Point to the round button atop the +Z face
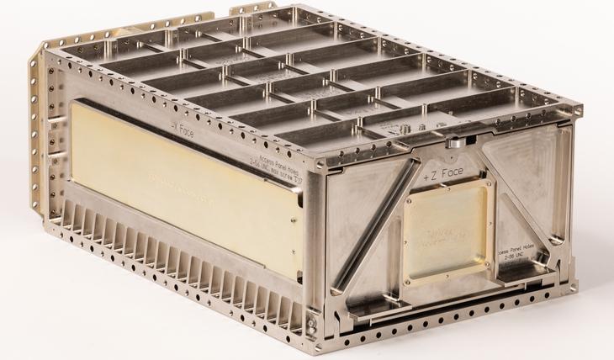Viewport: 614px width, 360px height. (455, 143)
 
